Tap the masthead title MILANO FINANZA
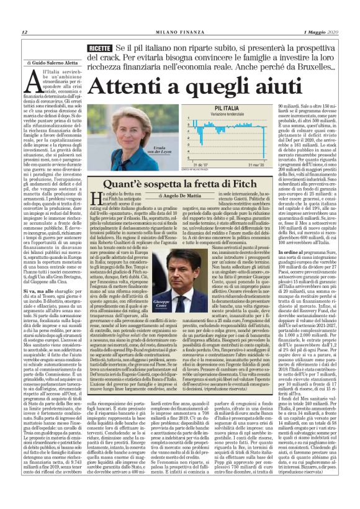179,32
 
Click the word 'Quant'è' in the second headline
119,184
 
